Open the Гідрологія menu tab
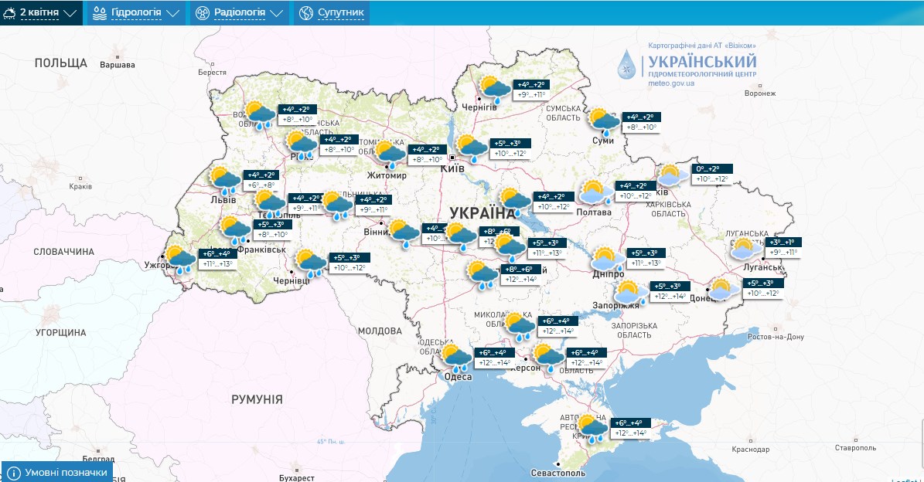[x=135, y=13]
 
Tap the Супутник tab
[x=332, y=13]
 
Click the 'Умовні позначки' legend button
[x=57, y=472]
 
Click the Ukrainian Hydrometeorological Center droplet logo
[x=628, y=66]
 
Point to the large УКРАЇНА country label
[x=481, y=213]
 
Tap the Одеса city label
[x=458, y=376]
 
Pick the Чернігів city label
[x=479, y=107]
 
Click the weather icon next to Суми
[x=604, y=122]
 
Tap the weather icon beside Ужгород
[x=179, y=260]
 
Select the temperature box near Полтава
[x=635, y=191]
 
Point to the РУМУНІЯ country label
[x=257, y=399]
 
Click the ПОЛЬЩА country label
[x=61, y=63]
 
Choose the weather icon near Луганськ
[x=745, y=248]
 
